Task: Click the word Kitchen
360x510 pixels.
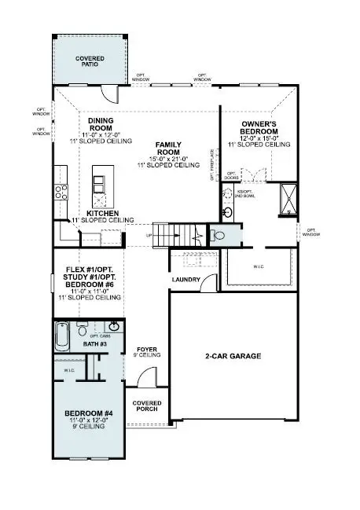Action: pos(102,213)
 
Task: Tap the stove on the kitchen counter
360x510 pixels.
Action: pos(59,191)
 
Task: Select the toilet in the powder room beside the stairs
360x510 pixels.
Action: pos(220,234)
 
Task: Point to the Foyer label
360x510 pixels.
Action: pos(148,351)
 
